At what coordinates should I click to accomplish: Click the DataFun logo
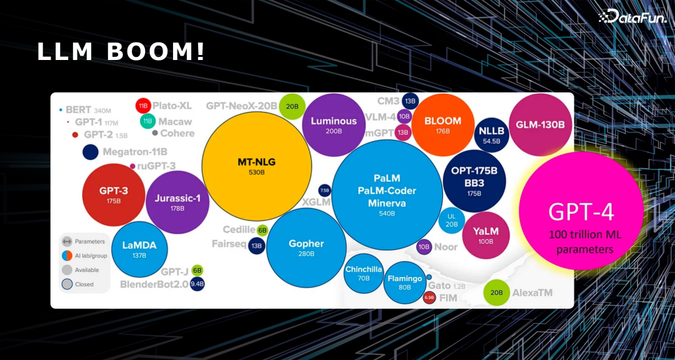632,17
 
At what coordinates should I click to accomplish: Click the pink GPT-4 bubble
581,211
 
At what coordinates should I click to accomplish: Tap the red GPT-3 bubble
114,194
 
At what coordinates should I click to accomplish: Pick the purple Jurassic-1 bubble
177,202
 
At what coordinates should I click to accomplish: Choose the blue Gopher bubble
306,247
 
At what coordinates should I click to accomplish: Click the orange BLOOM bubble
442,124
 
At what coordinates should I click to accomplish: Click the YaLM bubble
485,235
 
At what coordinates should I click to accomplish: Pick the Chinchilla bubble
364,272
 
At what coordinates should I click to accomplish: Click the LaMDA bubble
139,249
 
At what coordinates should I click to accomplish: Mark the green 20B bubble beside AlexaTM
497,292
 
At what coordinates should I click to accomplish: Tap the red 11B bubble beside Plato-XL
142,106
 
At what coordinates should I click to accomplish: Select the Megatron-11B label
135,152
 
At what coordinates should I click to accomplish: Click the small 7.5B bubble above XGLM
324,190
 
